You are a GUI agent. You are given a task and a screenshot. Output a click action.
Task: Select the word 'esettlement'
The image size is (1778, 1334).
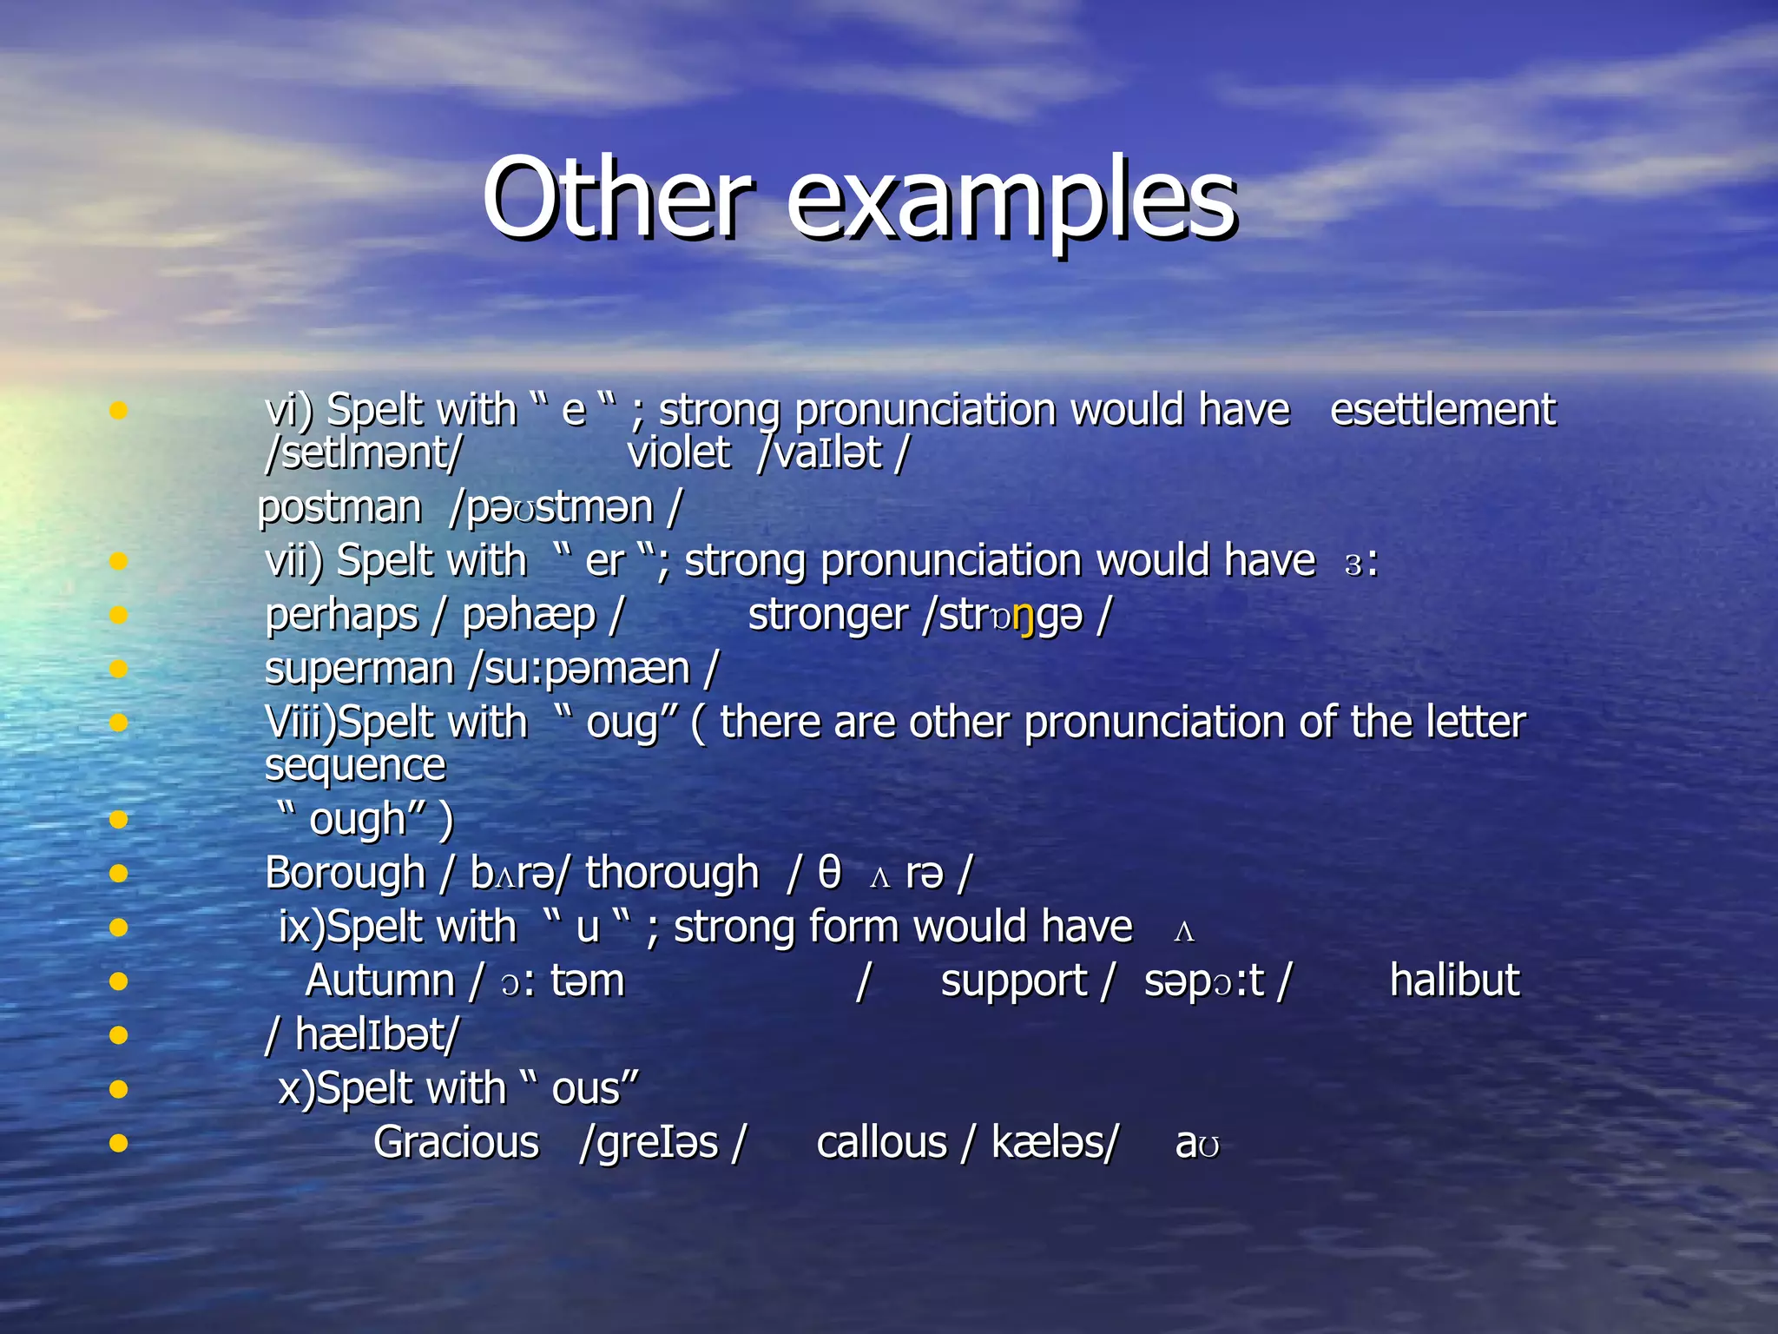[1442, 409]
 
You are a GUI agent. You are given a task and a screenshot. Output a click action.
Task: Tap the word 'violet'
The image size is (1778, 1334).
[678, 452]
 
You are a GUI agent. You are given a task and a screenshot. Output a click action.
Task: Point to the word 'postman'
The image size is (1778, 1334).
[339, 507]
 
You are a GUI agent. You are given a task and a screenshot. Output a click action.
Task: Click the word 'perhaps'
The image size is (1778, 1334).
[342, 616]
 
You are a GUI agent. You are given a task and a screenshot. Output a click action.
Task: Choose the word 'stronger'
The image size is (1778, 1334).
[827, 616]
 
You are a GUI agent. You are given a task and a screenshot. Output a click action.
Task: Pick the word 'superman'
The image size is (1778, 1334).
[359, 670]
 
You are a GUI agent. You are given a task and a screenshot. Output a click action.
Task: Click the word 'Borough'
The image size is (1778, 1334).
[345, 873]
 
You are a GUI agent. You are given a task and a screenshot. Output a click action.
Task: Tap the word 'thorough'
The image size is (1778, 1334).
[672, 873]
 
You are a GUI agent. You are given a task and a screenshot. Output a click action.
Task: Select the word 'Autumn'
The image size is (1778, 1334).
[380, 981]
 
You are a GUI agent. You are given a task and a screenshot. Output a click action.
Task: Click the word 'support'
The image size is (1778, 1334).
[1013, 981]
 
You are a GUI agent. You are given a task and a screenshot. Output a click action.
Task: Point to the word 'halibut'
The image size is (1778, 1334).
[1454, 981]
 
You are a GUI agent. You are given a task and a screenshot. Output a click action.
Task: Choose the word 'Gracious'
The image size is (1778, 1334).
[456, 1143]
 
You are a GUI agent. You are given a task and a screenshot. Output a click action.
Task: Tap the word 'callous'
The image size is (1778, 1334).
[881, 1143]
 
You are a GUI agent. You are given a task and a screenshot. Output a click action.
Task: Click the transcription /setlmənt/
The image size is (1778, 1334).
[363, 453]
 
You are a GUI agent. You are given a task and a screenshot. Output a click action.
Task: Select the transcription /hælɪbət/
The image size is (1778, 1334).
[362, 1035]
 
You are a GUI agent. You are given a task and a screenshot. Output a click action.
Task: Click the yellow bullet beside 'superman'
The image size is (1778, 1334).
[119, 669]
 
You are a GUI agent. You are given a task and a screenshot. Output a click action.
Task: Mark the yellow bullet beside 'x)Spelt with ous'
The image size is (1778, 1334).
[119, 1088]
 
